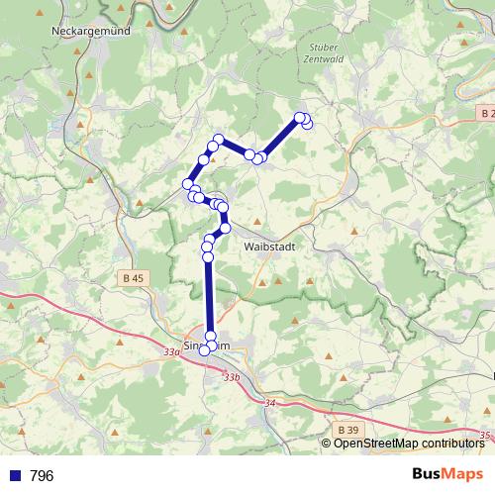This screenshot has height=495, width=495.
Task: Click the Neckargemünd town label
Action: click(90, 32)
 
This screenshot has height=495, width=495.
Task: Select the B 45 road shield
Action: click(134, 278)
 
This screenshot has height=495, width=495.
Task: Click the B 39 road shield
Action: click(347, 430)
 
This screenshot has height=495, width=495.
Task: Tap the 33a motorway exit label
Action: click(172, 350)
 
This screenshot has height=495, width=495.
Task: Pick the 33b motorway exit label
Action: click(232, 377)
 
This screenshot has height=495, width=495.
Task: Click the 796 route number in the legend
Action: click(42, 476)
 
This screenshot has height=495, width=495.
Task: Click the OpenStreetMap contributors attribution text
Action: click(409, 444)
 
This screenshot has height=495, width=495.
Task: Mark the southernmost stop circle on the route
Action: click(206, 349)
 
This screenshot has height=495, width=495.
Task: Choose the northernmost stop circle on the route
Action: click(301, 118)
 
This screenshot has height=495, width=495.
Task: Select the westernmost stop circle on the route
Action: click(187, 183)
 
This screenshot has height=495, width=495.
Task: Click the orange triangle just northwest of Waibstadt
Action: click(257, 220)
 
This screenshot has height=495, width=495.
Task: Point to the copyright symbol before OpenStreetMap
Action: click(328, 444)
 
